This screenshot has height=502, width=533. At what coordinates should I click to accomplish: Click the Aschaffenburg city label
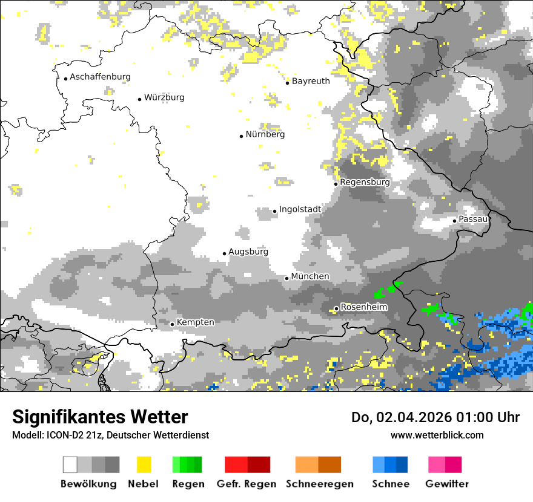pos(100,77)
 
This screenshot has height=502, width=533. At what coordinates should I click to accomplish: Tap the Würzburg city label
pos(164,97)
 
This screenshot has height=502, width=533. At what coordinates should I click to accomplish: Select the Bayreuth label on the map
pos(311,81)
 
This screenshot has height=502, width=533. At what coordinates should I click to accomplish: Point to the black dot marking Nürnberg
pos(241,136)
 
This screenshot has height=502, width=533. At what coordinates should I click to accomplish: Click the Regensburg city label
pos(365,182)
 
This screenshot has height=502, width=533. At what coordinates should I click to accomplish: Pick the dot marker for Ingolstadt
pos(274,211)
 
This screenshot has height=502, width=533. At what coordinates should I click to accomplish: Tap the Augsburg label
pos(248,252)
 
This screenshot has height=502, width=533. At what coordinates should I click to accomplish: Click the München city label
pos(310,276)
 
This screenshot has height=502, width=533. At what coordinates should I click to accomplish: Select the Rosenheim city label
pos(364,307)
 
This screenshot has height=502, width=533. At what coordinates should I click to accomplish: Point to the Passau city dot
pos(454,221)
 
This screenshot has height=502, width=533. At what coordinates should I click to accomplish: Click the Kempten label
pos(196,322)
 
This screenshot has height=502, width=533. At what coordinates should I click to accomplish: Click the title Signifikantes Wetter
pos(100,417)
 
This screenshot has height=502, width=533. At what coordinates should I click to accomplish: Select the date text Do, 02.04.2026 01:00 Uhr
pos(435,417)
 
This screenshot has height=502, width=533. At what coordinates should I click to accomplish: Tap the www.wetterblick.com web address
pos(437,435)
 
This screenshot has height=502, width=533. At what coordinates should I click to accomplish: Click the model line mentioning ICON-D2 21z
pos(110,435)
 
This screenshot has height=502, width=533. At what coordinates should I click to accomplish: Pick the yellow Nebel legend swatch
pos(144,465)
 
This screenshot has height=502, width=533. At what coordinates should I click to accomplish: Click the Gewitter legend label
pos(446,484)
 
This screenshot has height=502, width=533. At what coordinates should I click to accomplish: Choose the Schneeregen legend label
pos(319,484)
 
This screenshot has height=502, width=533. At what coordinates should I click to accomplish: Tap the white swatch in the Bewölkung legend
pos(70,465)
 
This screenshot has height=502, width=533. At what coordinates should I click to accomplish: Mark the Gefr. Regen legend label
pos(247,484)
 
